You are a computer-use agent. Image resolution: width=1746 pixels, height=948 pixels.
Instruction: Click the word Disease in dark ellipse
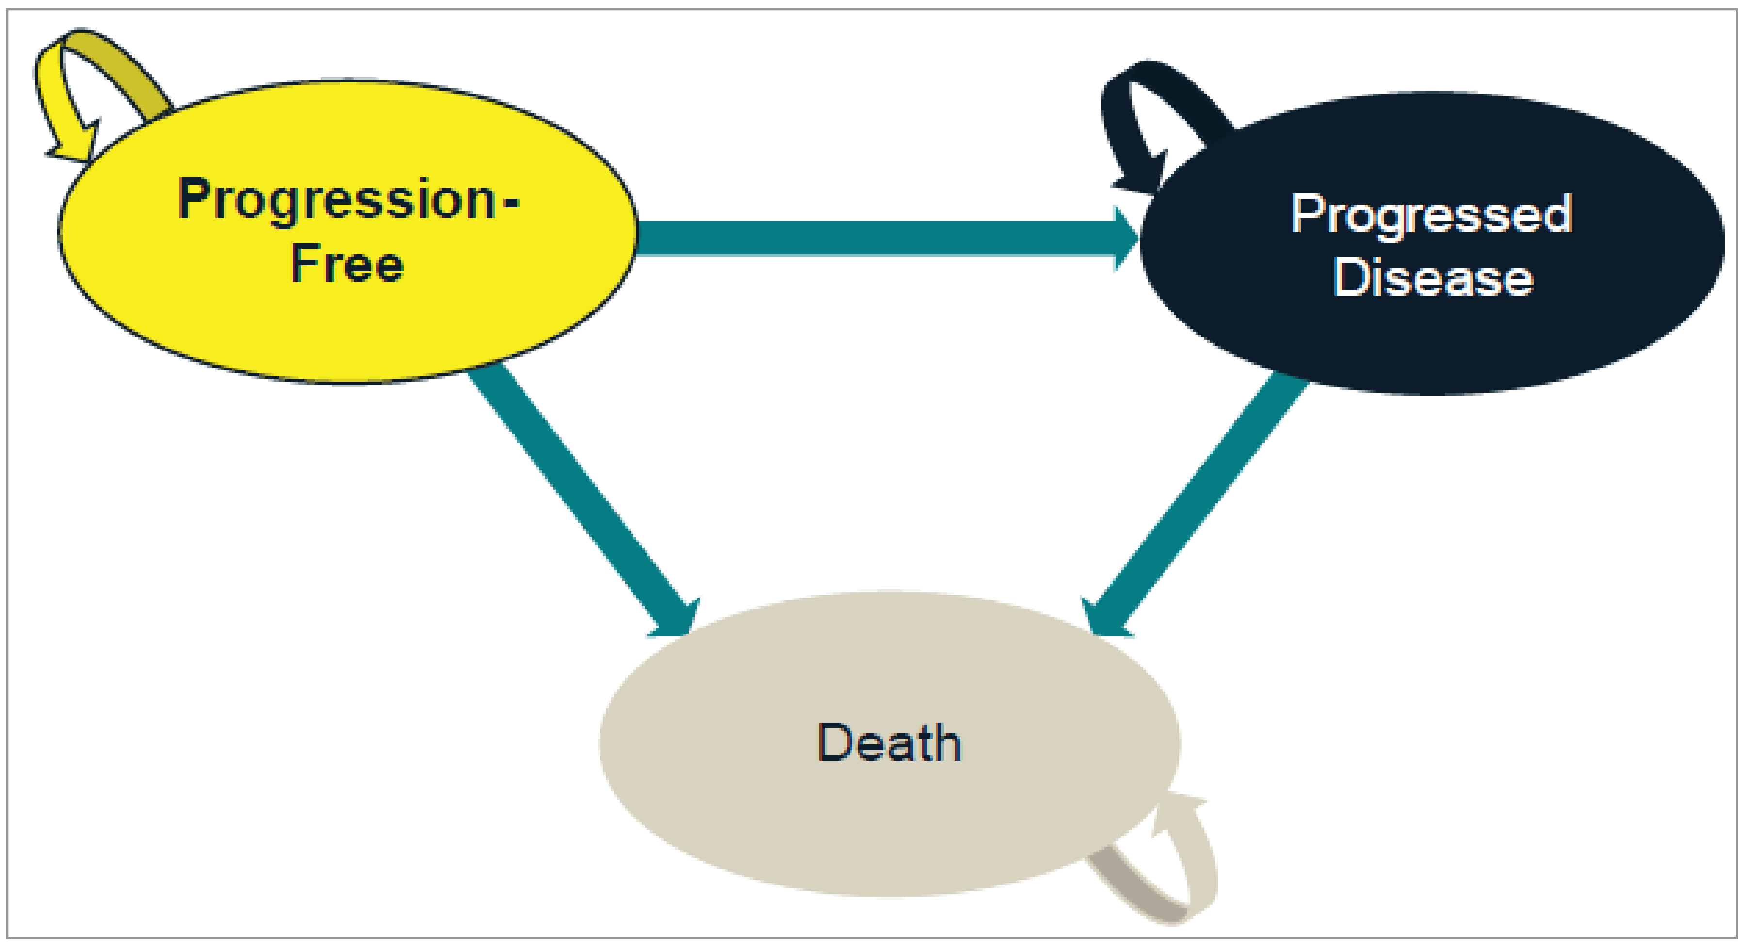click(1433, 278)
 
